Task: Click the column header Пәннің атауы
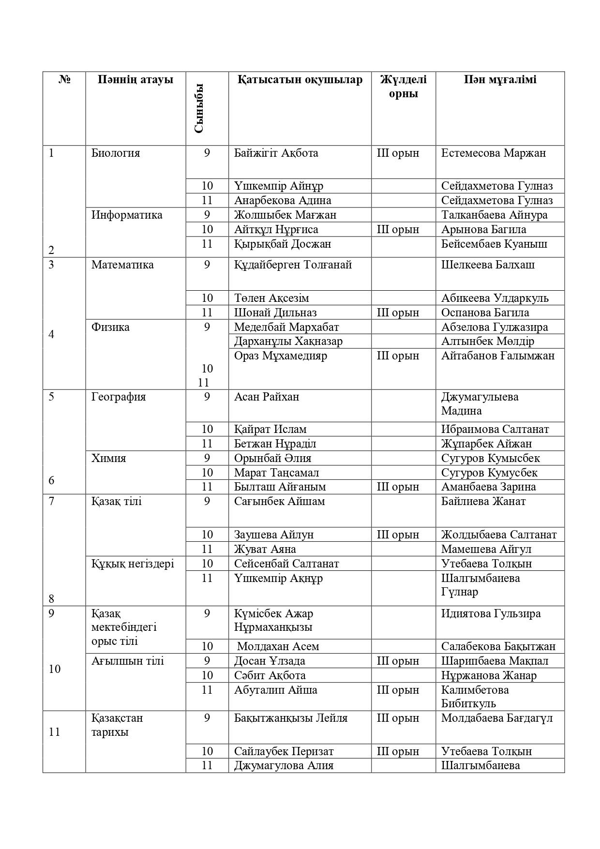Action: coord(135,79)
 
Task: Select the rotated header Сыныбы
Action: coord(198,108)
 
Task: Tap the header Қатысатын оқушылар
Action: coord(300,79)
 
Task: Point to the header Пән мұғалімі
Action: coord(500,79)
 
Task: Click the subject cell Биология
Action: coord(116,153)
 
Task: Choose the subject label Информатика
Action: coord(127,215)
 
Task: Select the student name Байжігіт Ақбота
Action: coord(276,153)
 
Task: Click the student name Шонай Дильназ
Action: coord(275,313)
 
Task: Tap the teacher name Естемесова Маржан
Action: coord(493,153)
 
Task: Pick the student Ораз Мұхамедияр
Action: coord(280,356)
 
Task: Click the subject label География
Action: coord(118,397)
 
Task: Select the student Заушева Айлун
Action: coord(274,535)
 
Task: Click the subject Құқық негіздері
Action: coord(133,564)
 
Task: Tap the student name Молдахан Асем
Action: coord(278,646)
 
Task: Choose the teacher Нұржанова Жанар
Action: coord(489,675)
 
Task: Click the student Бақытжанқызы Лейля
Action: coord(291,718)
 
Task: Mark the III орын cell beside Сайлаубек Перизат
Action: coord(398,751)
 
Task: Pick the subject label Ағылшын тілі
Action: coord(128,661)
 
